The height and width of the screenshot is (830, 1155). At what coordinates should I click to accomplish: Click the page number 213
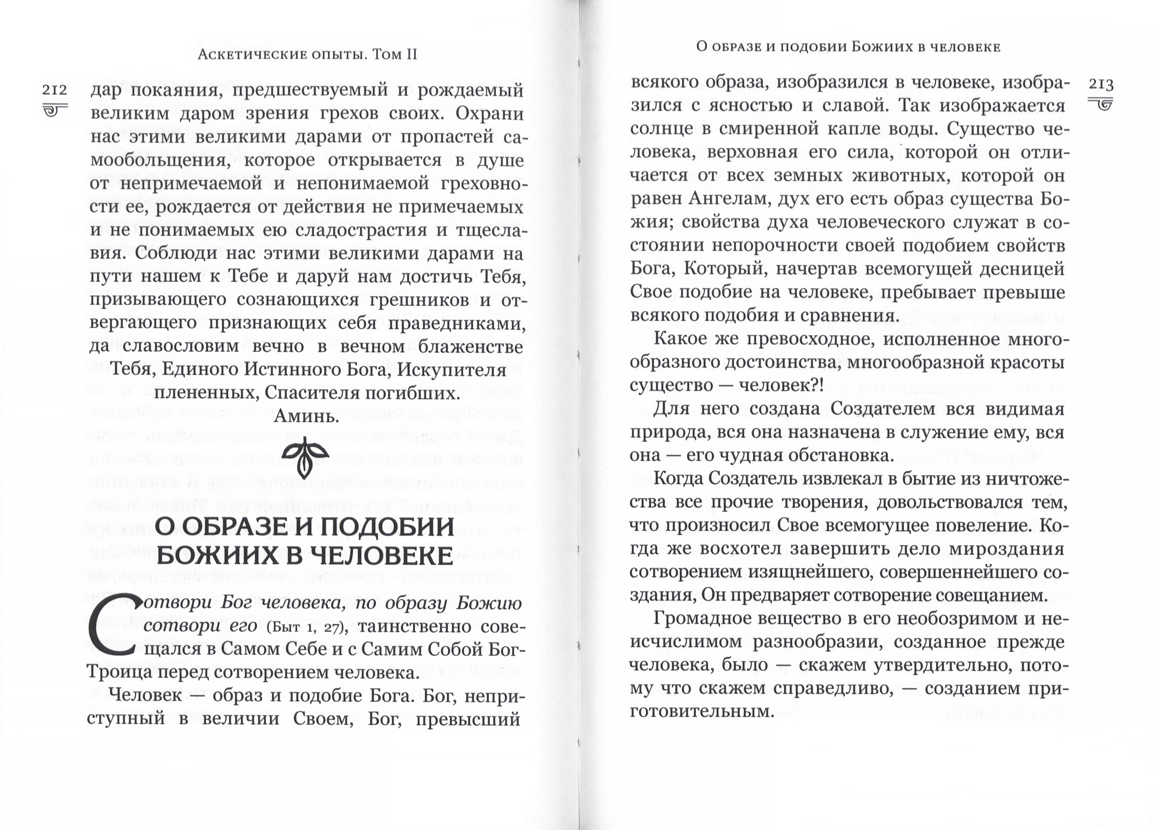pyautogui.click(x=1100, y=84)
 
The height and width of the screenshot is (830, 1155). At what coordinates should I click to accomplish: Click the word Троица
pyautogui.click(x=119, y=673)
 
